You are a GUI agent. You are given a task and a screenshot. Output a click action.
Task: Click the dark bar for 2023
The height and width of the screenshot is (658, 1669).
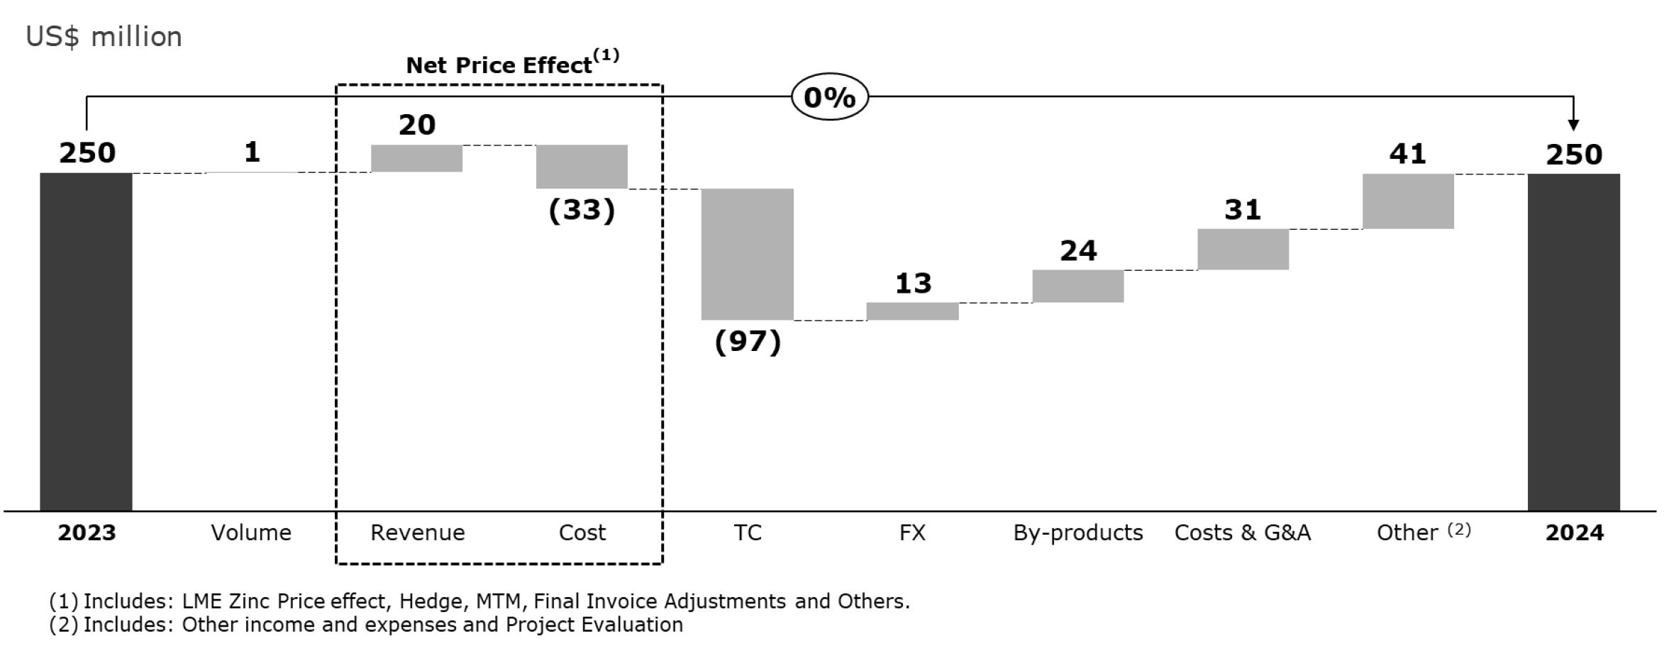[x=86, y=341]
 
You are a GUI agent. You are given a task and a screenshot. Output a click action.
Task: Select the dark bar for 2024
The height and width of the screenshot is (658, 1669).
[x=1573, y=341]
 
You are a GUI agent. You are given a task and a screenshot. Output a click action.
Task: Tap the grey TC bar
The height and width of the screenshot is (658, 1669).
[x=747, y=254]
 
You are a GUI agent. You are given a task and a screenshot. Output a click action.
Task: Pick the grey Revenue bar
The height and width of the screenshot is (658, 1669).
[x=416, y=158]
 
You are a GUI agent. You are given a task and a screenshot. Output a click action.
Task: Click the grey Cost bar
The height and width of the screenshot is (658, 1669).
[x=582, y=167]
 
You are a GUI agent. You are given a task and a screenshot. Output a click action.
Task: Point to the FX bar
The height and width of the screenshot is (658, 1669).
[x=912, y=311]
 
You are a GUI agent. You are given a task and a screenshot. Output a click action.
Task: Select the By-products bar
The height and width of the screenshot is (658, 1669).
[x=1077, y=286]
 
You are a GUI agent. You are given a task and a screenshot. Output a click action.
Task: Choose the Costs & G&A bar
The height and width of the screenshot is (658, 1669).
[x=1243, y=249]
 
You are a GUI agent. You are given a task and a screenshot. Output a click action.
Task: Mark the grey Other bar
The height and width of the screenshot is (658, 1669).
[x=1408, y=201]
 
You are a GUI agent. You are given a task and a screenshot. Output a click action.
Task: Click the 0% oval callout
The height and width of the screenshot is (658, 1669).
[x=829, y=96]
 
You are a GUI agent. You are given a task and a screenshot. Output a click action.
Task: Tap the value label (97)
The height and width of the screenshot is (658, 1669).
[x=748, y=342]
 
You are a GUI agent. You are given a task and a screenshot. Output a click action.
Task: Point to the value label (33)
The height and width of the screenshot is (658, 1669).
[x=582, y=210]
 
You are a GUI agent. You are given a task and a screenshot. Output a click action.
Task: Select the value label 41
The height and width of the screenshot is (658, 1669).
[x=1407, y=153]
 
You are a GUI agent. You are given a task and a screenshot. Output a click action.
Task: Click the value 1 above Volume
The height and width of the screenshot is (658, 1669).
[x=252, y=152]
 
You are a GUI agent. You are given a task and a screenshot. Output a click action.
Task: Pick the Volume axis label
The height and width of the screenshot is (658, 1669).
[x=251, y=532]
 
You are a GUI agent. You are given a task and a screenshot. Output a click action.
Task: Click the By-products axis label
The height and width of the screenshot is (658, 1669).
[x=1077, y=532]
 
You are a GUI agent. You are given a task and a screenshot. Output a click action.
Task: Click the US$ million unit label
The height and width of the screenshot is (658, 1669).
[x=104, y=36]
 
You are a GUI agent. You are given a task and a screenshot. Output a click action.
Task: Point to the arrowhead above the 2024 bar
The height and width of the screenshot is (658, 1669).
[x=1573, y=125]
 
